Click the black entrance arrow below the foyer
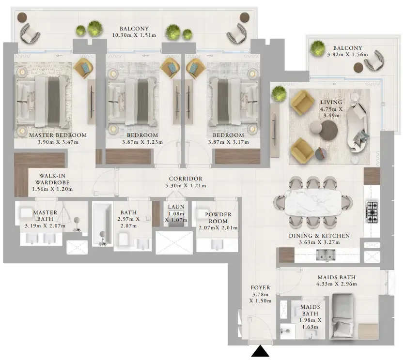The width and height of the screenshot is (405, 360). (260, 351)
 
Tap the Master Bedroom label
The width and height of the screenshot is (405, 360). (58, 135)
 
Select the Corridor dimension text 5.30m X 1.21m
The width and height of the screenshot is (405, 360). (186, 185)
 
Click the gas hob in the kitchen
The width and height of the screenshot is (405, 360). (372, 212)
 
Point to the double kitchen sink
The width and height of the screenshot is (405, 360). (326, 255)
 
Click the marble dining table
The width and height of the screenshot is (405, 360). (313, 202)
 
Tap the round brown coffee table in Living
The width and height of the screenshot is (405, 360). (328, 130)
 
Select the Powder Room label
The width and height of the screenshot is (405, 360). (218, 218)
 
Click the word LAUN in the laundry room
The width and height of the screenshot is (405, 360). (176, 207)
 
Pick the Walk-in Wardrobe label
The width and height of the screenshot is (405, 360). (52, 179)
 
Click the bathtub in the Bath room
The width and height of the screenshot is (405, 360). (103, 225)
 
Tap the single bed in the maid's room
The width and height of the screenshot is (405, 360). (342, 315)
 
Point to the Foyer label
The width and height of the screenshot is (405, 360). (260, 287)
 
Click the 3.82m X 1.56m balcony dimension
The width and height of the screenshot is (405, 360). (347, 55)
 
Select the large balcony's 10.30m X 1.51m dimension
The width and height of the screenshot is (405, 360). (134, 35)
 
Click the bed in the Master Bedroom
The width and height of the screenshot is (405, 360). (43, 102)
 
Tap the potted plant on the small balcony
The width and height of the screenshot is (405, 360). (317, 48)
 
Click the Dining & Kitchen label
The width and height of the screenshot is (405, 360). (319, 236)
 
